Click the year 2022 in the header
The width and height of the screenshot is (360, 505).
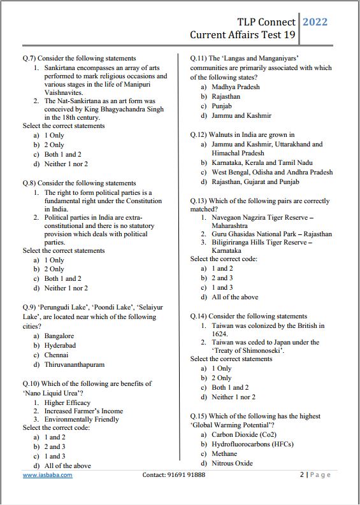coord(315,22)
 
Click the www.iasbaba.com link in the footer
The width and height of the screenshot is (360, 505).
coord(48,475)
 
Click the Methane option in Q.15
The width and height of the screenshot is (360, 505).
coord(225,454)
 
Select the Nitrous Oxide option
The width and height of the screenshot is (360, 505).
coord(232,464)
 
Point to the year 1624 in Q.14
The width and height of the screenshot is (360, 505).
coord(220,334)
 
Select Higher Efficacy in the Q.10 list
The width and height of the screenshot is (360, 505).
coord(68,402)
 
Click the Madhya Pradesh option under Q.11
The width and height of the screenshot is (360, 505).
coord(236,87)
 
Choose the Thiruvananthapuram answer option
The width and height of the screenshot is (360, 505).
coord(75,365)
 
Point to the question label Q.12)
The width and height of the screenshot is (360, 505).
coord(201,135)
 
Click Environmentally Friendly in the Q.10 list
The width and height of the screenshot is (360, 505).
coord(82,420)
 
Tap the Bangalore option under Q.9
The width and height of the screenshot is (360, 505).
coord(59,336)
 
